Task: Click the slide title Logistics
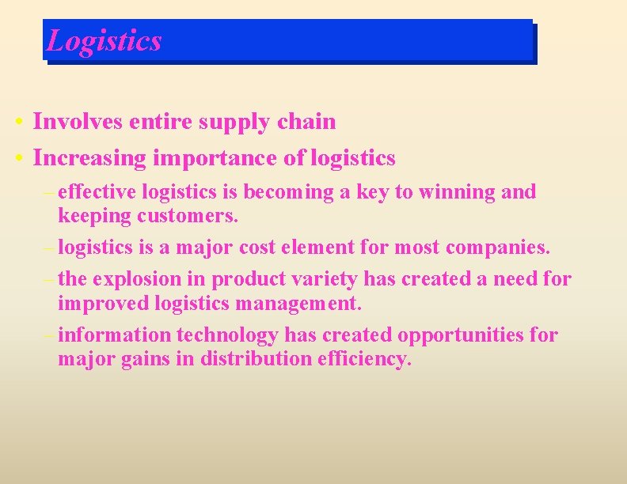[104, 40]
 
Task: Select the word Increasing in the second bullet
[89, 158]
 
